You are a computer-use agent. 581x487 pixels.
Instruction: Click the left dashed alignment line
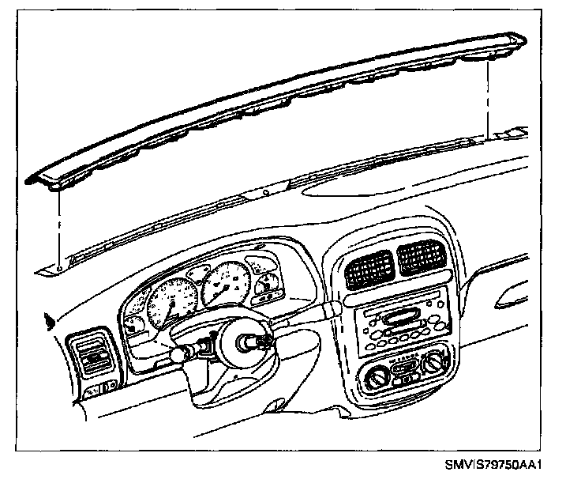(x=60, y=229)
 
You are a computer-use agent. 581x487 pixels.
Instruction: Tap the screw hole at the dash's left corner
(x=61, y=269)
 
